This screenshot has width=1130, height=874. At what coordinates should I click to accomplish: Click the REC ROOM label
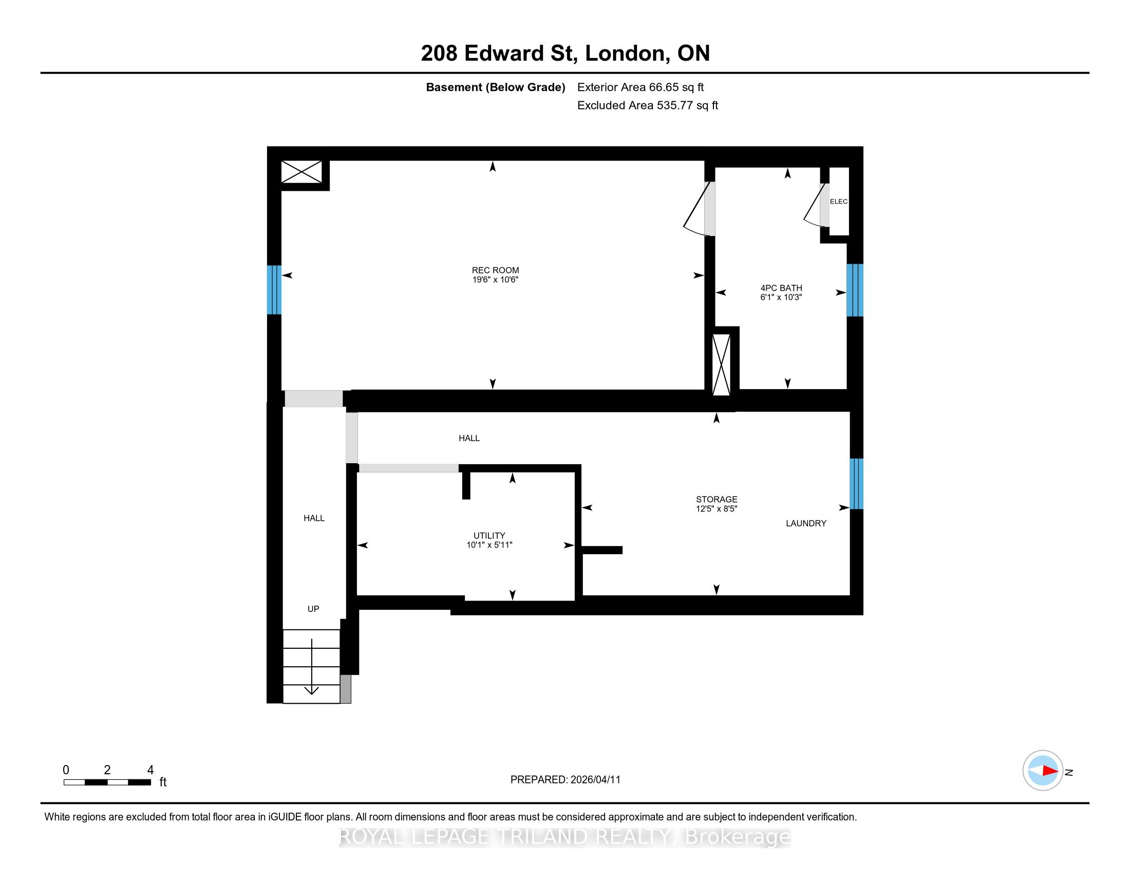tap(495, 270)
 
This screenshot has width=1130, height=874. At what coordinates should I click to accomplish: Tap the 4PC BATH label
tap(781, 288)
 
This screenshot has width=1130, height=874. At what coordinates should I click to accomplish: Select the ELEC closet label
tap(839, 202)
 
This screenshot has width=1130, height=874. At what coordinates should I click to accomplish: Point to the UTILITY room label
tap(489, 535)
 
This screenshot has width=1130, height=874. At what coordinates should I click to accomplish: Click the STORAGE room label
tap(717, 499)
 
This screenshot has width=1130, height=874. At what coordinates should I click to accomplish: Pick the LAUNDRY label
tap(806, 523)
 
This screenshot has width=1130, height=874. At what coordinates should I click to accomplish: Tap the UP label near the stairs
tap(313, 609)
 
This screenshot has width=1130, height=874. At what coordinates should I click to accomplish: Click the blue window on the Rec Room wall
tap(274, 290)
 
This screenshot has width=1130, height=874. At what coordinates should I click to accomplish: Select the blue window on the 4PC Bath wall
tap(855, 290)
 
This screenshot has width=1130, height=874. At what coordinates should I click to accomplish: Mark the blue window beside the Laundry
tap(856, 484)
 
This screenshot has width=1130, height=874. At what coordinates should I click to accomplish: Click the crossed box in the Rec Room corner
tap(302, 172)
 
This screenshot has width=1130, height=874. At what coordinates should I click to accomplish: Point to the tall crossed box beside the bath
tap(721, 365)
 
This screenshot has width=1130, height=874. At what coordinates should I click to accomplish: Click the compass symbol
tap(1043, 771)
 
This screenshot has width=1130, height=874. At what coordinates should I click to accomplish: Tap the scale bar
tap(107, 782)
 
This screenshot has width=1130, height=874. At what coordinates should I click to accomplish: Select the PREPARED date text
tap(565, 780)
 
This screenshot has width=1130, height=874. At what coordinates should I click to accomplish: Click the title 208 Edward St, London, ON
tap(565, 53)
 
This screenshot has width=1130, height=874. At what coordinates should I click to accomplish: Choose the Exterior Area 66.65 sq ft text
tap(641, 87)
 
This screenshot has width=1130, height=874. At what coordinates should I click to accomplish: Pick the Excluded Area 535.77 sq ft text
tap(648, 105)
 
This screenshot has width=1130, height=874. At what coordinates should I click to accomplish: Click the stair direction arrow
tap(311, 667)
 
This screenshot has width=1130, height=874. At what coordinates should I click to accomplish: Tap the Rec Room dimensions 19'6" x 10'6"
tap(495, 280)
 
